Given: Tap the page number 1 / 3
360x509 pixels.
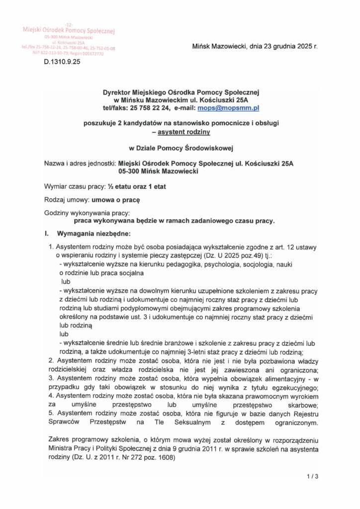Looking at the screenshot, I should [312, 477].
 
